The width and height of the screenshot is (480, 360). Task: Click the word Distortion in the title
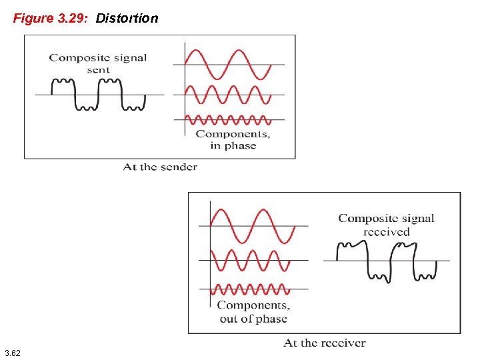(127, 18)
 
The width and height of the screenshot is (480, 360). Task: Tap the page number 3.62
(12, 352)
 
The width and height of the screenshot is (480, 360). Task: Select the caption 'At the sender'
(160, 167)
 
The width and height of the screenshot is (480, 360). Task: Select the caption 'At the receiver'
(324, 343)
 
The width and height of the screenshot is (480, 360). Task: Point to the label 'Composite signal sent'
(98, 63)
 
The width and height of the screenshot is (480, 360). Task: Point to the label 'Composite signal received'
(386, 225)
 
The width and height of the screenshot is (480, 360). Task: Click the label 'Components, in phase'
(233, 139)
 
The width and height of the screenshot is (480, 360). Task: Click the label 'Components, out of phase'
(253, 312)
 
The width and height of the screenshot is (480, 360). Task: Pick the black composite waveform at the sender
(99, 94)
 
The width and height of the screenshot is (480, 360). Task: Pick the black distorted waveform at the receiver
(387, 260)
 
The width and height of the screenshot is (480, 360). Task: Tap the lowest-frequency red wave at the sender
(228, 64)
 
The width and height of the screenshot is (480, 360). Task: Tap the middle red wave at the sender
(228, 95)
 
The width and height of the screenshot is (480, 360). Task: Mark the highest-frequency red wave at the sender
(228, 120)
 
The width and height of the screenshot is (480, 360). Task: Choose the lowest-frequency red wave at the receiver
(252, 225)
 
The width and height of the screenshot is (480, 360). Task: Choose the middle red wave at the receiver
(251, 260)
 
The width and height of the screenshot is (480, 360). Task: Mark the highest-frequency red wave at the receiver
(251, 289)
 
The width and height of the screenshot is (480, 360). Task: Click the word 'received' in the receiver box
(387, 232)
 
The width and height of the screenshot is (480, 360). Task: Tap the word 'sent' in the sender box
(98, 70)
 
